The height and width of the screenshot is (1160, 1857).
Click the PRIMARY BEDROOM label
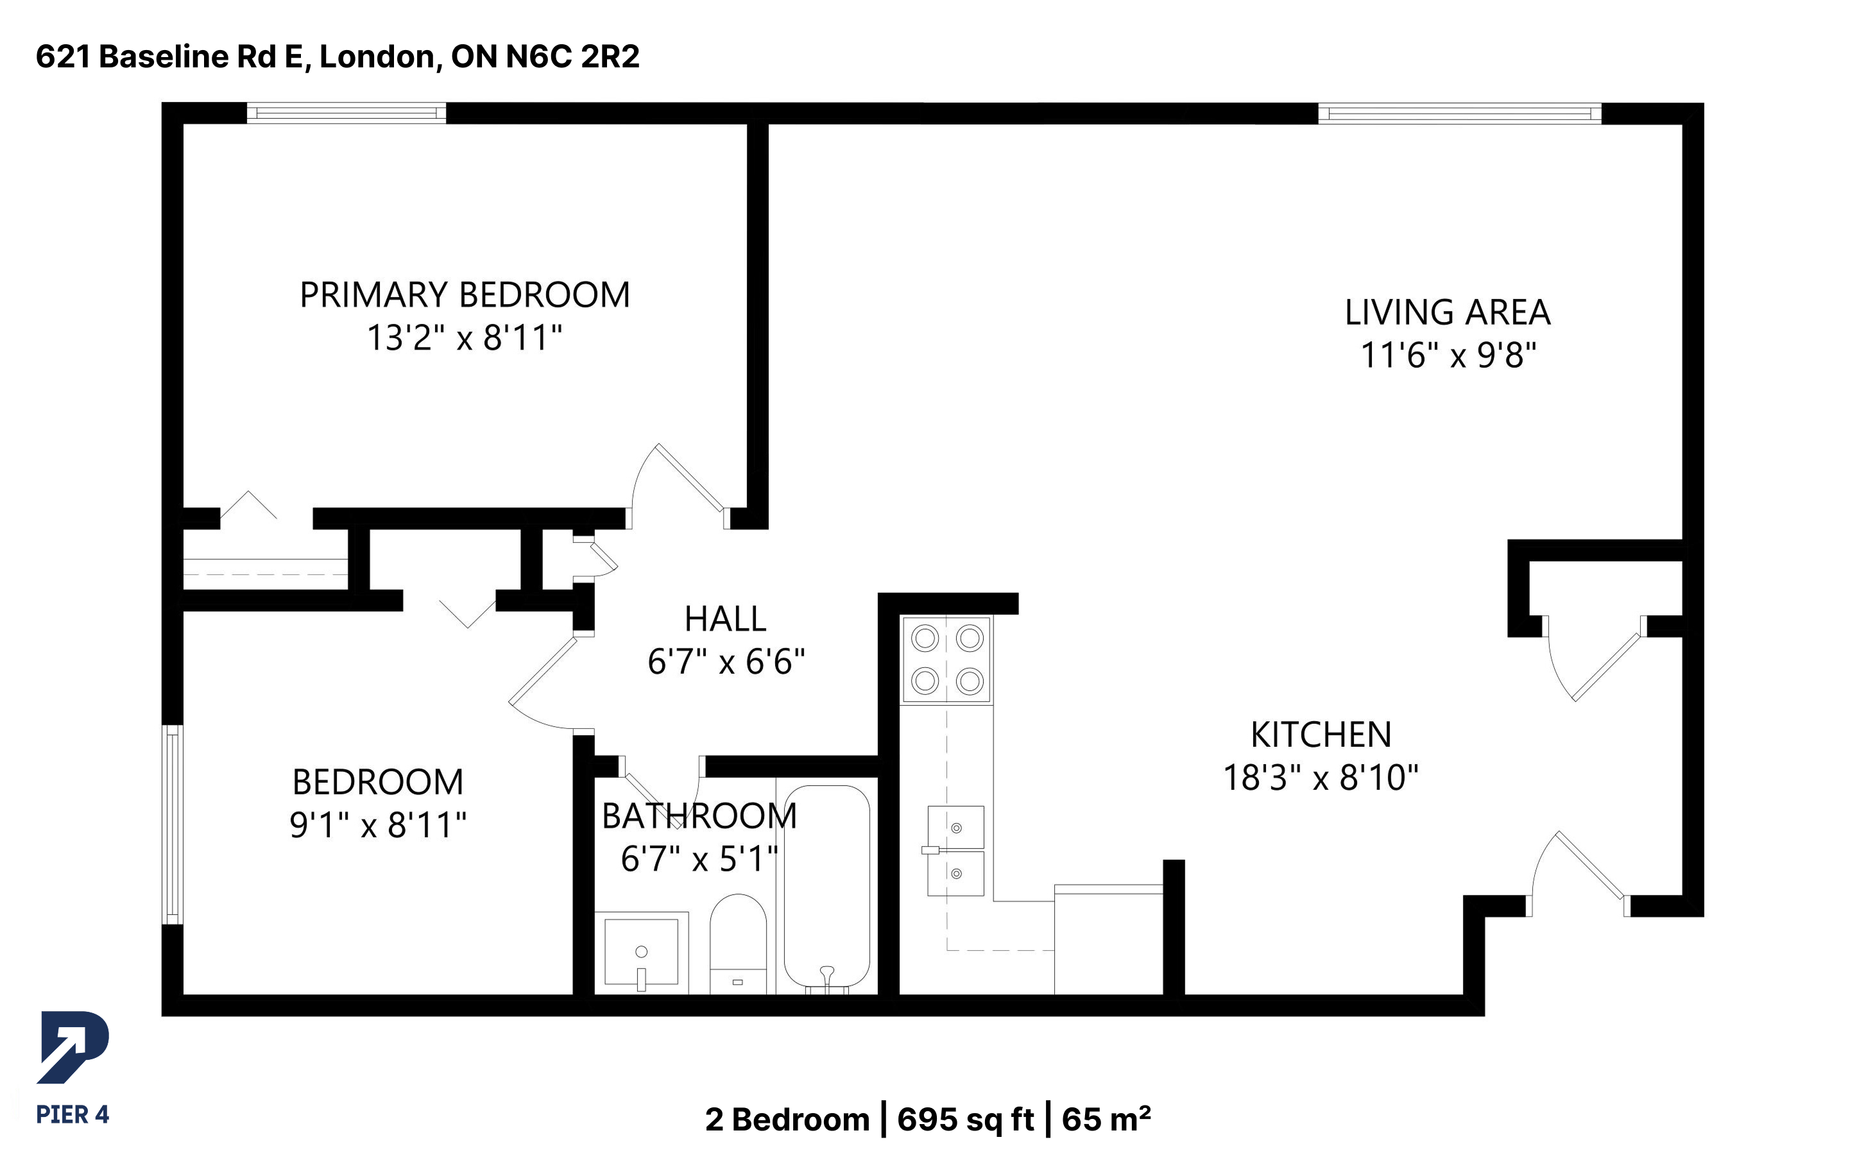click(x=465, y=295)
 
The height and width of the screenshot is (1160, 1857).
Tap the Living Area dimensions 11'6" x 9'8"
click(x=1448, y=355)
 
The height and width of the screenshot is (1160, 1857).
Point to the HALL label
click(x=725, y=619)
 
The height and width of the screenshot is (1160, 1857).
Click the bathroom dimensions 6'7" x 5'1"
click(x=699, y=858)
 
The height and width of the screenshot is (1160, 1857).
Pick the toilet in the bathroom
click(x=738, y=944)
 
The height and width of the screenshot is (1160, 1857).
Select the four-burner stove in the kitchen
click(x=947, y=659)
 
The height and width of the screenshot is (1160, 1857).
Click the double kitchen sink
click(x=955, y=851)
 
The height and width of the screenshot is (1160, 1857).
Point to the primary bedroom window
click(x=346, y=113)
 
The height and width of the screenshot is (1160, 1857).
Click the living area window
click(x=1460, y=114)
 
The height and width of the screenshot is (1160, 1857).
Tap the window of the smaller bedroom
click(x=173, y=824)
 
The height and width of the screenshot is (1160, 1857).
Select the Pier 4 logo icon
click(x=73, y=1048)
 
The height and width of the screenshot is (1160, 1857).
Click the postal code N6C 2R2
click(x=572, y=56)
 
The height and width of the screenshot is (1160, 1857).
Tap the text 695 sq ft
click(x=966, y=1120)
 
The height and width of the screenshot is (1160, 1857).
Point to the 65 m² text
click(x=1106, y=1120)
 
